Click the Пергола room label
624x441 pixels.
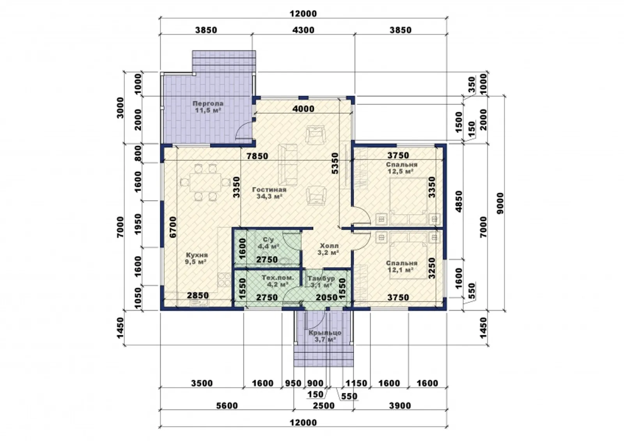(208, 104)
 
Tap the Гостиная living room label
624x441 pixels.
(269, 190)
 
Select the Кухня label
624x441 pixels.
(197, 255)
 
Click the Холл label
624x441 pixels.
(329, 246)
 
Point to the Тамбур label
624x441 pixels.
(321, 278)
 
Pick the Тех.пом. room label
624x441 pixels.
(278, 278)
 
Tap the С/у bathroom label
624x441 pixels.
(268, 240)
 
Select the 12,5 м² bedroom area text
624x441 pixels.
(400, 171)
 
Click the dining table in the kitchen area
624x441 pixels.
(206, 182)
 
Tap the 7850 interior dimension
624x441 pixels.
(257, 156)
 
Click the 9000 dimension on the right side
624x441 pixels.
(500, 203)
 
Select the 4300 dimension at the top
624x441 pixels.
(303, 30)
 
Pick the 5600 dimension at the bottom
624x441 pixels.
(227, 406)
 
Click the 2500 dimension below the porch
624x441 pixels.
(323, 406)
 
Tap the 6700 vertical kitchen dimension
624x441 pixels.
(173, 227)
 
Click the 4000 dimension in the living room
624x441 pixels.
(303, 109)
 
